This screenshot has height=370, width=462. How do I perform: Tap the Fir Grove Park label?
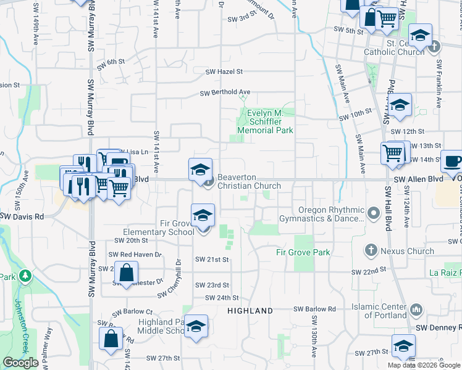pyautogui.click(x=303, y=252)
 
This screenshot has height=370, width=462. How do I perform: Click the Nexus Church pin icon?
pyautogui.click(x=371, y=250)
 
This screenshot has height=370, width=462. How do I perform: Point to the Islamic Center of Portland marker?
pyautogui.click(x=416, y=308)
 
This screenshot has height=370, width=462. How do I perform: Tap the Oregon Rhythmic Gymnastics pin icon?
pyautogui.click(x=373, y=213)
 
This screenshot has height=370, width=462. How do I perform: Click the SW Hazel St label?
pyautogui.click(x=224, y=72)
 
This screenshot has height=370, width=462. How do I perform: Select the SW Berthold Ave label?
pyautogui.click(x=224, y=92)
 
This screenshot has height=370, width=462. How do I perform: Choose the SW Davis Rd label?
pyautogui.click(x=22, y=216)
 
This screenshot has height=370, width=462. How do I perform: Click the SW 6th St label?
pyautogui.click(x=111, y=62)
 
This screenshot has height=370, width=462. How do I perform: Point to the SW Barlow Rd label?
pyautogui.click(x=314, y=309)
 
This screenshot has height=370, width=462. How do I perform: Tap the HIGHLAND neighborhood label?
pyautogui.click(x=250, y=310)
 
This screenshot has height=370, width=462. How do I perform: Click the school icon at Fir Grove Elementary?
pyautogui.click(x=203, y=216)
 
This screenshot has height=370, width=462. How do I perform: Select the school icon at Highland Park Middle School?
pyautogui.click(x=196, y=327)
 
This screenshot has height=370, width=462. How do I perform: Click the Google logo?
pyautogui.click(x=20, y=363)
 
